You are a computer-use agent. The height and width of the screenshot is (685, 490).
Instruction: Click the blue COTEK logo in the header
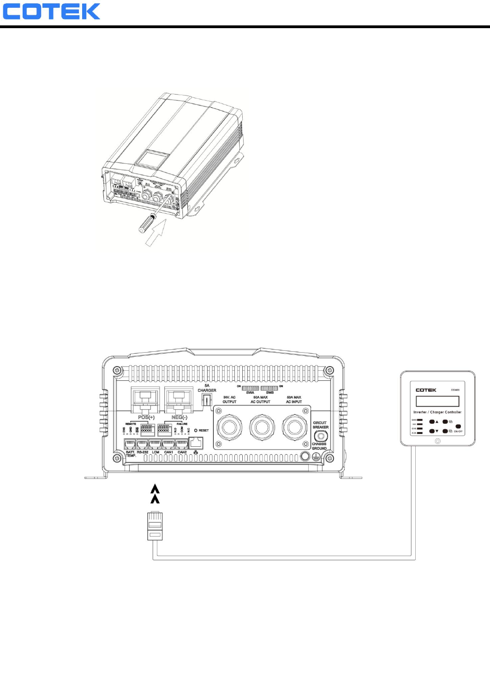click(51, 12)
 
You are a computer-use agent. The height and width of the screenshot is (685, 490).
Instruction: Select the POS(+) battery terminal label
click(146, 417)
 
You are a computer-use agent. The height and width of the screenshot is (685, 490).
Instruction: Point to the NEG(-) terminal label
click(179, 417)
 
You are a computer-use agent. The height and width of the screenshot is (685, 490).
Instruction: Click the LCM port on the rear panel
click(155, 445)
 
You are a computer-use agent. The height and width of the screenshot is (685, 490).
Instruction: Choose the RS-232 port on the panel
click(142, 445)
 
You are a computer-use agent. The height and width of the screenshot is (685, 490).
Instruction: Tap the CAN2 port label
click(182, 452)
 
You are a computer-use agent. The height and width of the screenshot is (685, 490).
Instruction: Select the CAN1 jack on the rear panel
click(168, 445)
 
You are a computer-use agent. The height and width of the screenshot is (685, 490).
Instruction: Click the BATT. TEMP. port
click(130, 445)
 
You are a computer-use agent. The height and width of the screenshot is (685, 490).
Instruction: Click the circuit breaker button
click(321, 436)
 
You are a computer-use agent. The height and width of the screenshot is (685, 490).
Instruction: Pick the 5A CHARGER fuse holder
click(207, 400)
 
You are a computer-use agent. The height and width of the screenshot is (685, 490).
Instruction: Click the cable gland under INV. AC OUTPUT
click(229, 427)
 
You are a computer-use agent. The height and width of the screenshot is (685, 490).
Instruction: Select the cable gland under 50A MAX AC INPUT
click(294, 427)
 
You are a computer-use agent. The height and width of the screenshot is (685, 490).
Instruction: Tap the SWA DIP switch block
click(250, 388)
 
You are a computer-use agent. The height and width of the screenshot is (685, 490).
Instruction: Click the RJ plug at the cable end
click(155, 526)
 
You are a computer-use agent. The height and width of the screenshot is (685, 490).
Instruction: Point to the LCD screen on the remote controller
click(437, 401)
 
